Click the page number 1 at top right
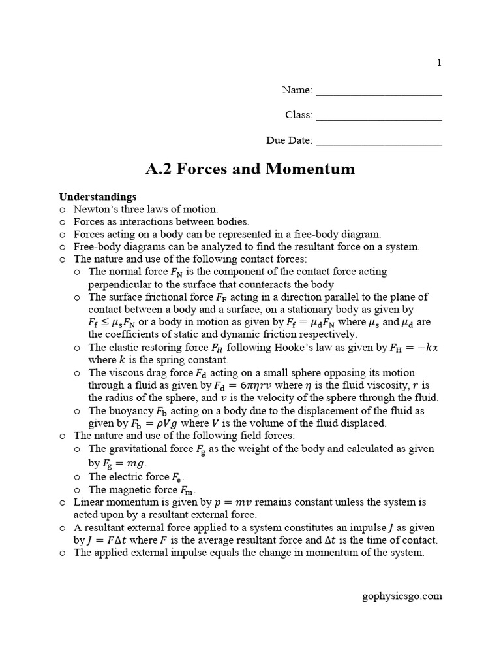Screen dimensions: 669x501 439,63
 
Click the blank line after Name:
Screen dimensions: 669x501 379,91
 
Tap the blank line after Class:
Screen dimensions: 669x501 379,116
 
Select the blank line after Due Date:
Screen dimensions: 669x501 379,141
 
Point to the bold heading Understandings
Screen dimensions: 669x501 98,196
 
